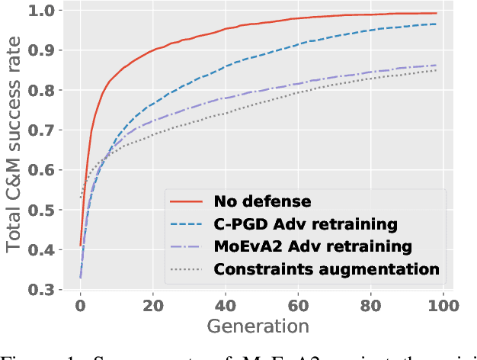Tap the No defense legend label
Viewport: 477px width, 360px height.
(x=261, y=202)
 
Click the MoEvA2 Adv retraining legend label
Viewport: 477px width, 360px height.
(x=314, y=246)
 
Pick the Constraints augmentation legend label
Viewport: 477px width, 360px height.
(x=327, y=269)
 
